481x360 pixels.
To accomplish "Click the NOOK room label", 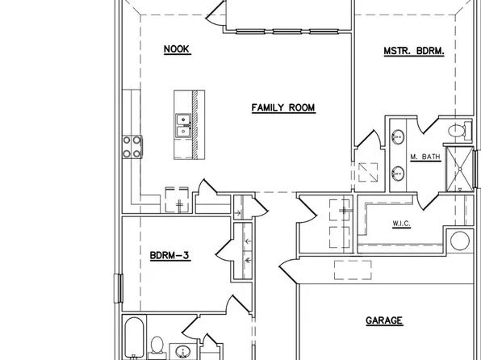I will click(x=176, y=49).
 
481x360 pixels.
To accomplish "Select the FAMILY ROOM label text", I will click(x=282, y=107).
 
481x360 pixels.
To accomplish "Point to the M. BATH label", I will click(x=425, y=157).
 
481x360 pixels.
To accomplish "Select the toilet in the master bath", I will click(x=457, y=130).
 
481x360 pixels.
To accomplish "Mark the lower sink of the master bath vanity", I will click(x=398, y=173).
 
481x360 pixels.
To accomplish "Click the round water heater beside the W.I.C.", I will click(x=460, y=241).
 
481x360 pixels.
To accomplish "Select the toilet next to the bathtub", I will click(x=159, y=348).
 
